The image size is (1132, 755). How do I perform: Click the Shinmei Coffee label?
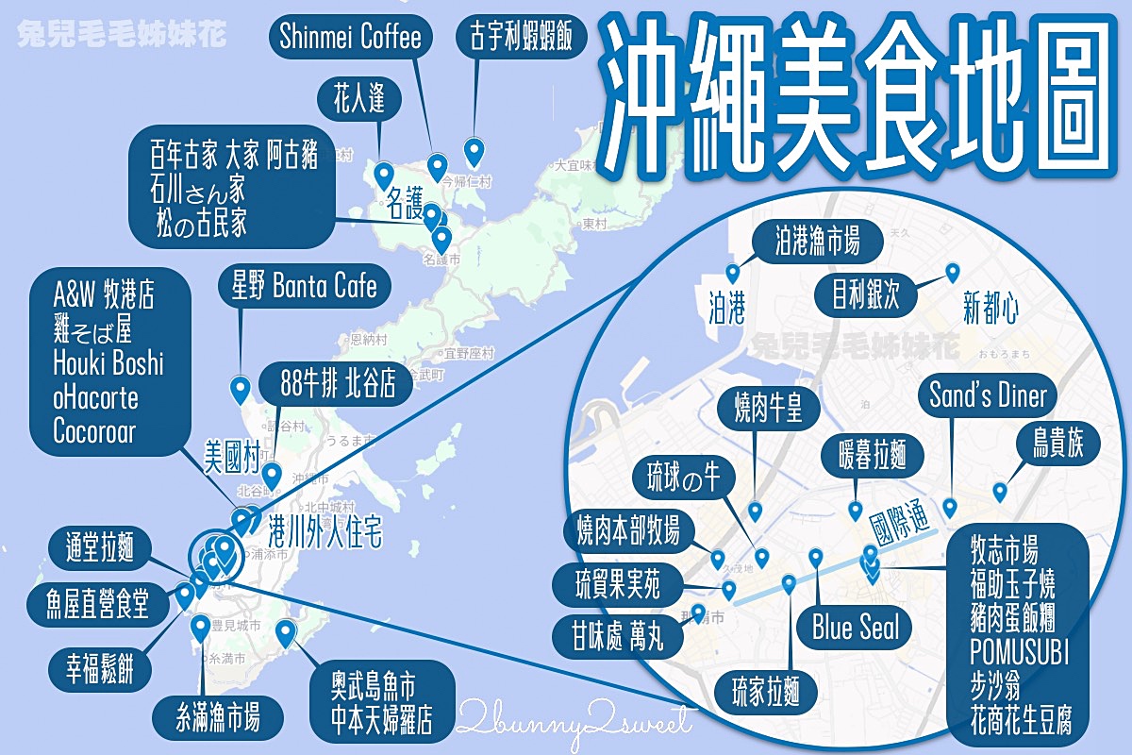pyautogui.click(x=350, y=37)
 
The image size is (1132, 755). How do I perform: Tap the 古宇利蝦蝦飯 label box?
pyautogui.click(x=522, y=37)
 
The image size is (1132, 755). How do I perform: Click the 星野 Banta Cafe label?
pyautogui.click(x=298, y=286)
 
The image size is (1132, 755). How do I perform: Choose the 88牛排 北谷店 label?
pyautogui.click(x=332, y=383)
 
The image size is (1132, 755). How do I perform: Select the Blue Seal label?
pyautogui.click(x=856, y=628)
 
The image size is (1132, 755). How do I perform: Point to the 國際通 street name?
pyautogui.click(x=907, y=528)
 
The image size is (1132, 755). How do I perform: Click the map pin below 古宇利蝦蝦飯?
pyautogui.click(x=474, y=151)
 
